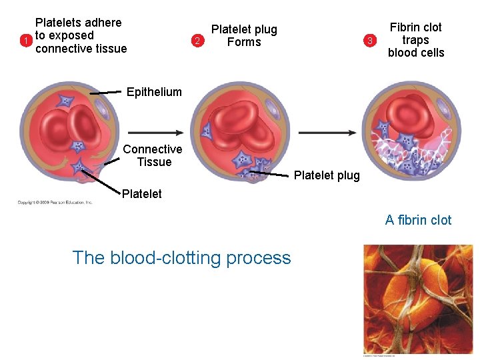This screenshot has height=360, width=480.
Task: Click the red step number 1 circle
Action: pos(25,41)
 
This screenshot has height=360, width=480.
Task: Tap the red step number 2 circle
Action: pos(196,41)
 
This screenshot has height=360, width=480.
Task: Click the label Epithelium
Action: pos(154,92)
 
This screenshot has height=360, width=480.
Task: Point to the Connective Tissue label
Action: pos(153,155)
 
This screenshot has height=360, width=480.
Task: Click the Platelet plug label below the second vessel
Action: pos(327,175)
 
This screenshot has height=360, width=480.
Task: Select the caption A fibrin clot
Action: pos(418,220)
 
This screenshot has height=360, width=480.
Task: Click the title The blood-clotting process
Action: pos(181,257)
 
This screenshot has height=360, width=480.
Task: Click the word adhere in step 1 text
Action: pos(104,23)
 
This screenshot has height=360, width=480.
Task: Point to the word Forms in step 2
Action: pos(244,42)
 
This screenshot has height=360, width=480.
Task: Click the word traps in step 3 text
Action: pos(415,40)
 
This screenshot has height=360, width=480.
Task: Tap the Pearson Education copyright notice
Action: pos(55,202)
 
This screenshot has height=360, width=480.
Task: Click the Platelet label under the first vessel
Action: pos(141,194)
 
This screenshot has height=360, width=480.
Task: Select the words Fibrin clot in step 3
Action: pos(415,27)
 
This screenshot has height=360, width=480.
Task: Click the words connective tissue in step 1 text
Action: pos(81,49)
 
